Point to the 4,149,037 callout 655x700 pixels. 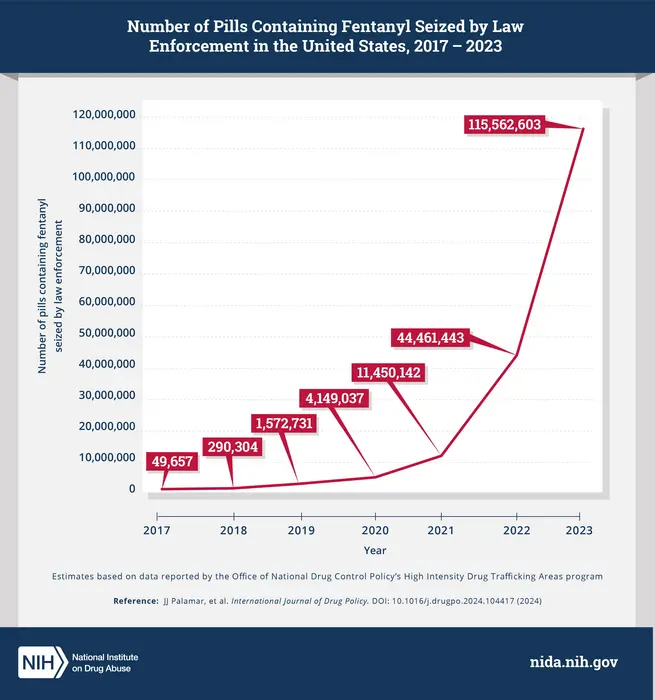click(x=331, y=398)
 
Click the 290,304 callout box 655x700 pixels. click(x=233, y=448)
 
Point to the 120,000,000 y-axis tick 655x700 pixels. click(x=104, y=116)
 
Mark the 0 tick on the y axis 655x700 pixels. click(x=132, y=489)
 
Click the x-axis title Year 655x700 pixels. click(x=375, y=550)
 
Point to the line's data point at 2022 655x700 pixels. click(x=517, y=354)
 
